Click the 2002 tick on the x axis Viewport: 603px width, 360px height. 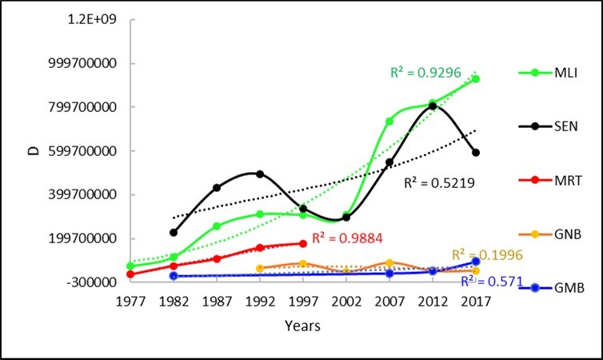[346, 302]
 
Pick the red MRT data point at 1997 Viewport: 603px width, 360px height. [303, 243]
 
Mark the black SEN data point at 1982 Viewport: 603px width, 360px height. [174, 232]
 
